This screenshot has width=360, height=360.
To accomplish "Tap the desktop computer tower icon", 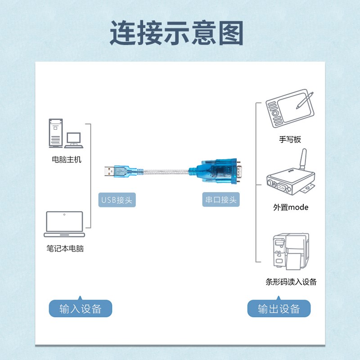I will [x=55, y=133].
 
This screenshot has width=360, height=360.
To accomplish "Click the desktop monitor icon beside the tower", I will [x=73, y=139].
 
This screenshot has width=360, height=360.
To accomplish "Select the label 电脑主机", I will [x=67, y=160].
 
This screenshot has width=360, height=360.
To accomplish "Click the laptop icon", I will [x=64, y=224].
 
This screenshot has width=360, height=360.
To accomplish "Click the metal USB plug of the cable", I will [x=109, y=171].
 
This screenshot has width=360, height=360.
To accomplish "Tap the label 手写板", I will [x=290, y=139].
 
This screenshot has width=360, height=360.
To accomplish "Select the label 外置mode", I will [x=291, y=207].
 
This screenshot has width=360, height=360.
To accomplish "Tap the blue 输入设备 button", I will [x=80, y=309].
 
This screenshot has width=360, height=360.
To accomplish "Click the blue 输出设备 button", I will [x=279, y=309].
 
